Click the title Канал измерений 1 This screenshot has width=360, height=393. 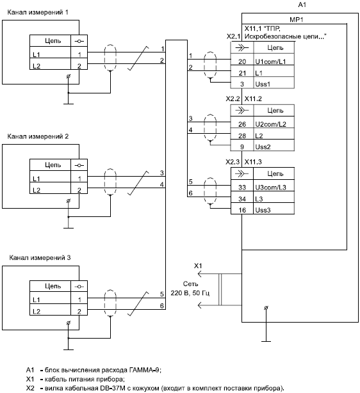[38, 12]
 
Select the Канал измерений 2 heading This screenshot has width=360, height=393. [38, 136]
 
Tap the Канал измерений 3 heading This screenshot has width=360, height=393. [40, 258]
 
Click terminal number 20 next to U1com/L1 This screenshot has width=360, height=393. [242, 61]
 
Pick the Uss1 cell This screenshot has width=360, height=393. [263, 84]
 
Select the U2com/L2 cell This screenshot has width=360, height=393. [271, 124]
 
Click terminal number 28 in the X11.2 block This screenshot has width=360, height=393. [242, 136]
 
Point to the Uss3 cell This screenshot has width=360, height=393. [263, 210]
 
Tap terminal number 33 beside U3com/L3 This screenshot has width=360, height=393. [242, 188]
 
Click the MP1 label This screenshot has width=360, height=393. [297, 20]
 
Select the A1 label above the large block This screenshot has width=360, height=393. [302, 4]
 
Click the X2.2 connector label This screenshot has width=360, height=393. [233, 99]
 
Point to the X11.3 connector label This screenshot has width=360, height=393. [253, 162]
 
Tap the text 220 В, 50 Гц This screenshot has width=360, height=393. [190, 293]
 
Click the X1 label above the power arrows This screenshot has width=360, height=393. [198, 266]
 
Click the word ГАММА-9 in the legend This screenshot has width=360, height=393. [145, 370]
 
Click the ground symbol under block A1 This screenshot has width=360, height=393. [266, 341]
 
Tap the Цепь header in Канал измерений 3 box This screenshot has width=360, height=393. [53, 286]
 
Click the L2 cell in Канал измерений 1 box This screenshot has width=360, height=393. [37, 66]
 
